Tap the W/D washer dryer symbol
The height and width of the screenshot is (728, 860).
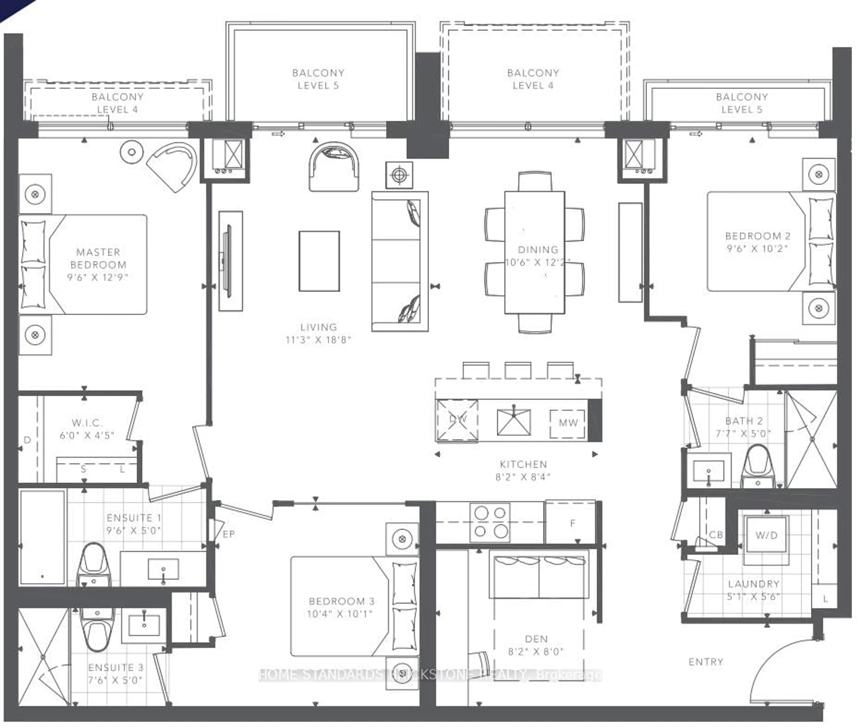(766, 536)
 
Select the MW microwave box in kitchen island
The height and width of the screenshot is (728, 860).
(568, 423)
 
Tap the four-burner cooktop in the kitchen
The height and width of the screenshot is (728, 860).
(490, 522)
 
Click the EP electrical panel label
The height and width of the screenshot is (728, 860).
(228, 534)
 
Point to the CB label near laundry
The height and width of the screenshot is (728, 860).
(716, 535)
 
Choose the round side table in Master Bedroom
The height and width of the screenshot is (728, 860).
(131, 152)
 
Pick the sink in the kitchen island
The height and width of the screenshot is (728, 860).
(514, 422)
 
